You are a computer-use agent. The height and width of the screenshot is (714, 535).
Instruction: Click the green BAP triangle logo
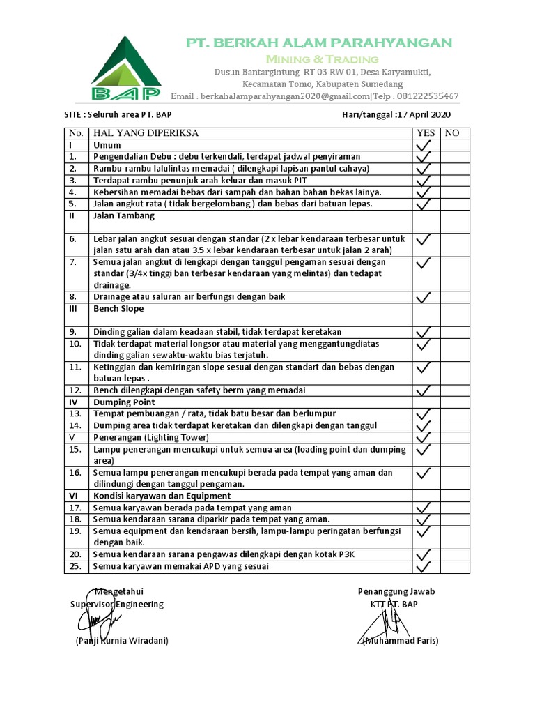(x=126, y=68)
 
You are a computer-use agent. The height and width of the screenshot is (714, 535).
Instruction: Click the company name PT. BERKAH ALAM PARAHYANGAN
(x=318, y=43)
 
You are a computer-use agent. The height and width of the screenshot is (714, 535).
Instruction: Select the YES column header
(x=425, y=133)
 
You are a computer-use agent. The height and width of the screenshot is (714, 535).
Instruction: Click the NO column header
(x=452, y=133)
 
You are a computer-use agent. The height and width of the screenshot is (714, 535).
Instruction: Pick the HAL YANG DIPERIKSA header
(x=146, y=133)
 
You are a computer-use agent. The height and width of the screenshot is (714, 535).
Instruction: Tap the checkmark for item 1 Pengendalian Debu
(x=424, y=157)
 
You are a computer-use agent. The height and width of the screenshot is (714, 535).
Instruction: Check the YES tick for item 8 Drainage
(x=424, y=297)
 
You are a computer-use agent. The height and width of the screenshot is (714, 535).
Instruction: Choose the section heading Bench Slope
(x=118, y=308)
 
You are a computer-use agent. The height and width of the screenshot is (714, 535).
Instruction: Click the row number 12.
(x=75, y=390)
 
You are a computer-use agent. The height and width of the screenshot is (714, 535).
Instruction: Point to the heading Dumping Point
(x=124, y=402)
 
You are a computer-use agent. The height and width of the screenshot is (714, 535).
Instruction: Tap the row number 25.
(x=75, y=566)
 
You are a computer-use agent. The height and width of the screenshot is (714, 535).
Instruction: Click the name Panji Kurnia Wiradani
(x=122, y=640)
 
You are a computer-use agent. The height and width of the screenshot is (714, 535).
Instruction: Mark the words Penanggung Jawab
(x=396, y=591)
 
